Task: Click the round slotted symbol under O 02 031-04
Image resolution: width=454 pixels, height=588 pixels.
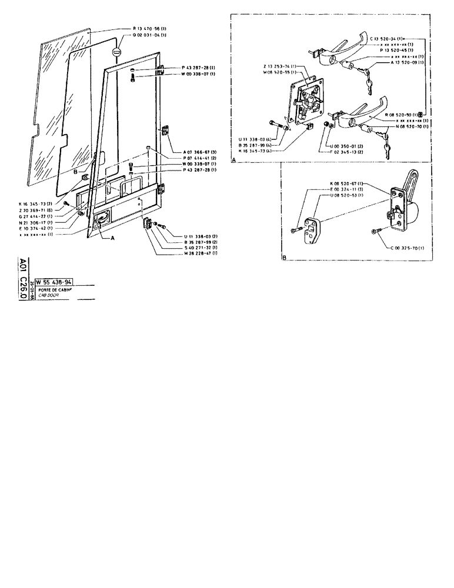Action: pos(118,52)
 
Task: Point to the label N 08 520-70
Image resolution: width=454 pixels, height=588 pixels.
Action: pos(398,126)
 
